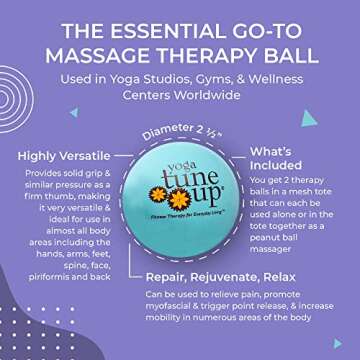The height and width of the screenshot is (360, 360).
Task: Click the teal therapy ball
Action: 180,185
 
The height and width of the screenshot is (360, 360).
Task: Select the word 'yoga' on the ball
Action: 178,146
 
